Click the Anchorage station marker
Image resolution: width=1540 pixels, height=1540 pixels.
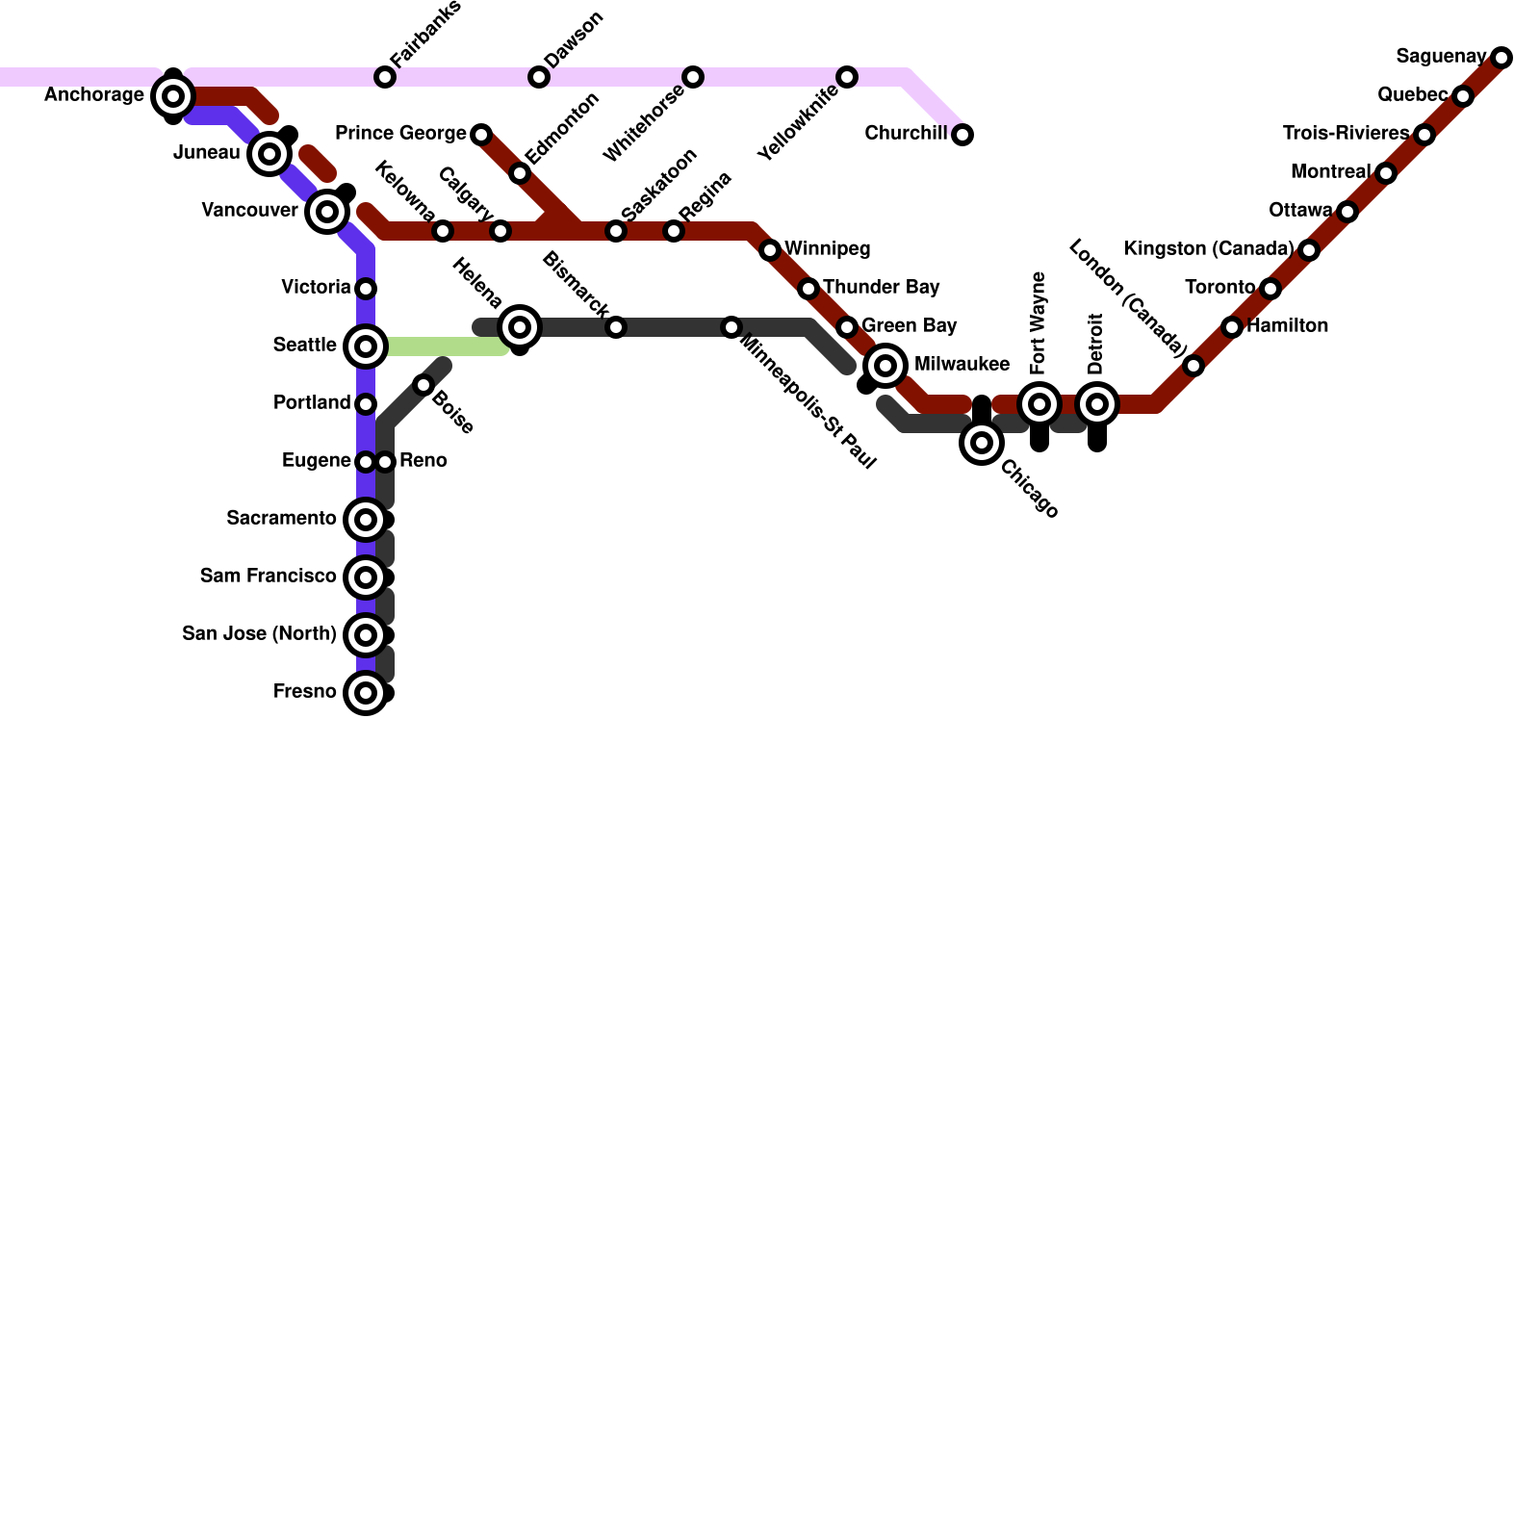click(x=173, y=96)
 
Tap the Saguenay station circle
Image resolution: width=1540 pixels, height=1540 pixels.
click(x=1501, y=58)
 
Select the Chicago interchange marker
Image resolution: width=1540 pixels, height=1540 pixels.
click(x=982, y=443)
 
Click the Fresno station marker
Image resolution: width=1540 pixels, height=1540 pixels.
click(x=366, y=693)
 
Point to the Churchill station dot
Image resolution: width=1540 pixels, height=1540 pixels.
click(x=962, y=135)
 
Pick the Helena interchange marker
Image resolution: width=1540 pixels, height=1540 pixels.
click(x=520, y=327)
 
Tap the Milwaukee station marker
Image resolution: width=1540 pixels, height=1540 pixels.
click(x=885, y=366)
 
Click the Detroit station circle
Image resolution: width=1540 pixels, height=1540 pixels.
click(x=1097, y=404)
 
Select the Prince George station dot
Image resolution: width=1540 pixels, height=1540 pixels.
click(x=481, y=135)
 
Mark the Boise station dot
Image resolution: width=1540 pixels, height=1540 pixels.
click(x=423, y=385)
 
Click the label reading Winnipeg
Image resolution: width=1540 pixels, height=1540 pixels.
click(x=827, y=249)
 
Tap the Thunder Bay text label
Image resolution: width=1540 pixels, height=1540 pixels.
click(x=881, y=288)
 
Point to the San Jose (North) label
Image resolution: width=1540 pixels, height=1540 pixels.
click(x=259, y=634)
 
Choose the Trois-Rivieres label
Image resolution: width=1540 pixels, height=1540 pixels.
click(x=1345, y=134)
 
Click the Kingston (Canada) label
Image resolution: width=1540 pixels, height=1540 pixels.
click(x=1208, y=249)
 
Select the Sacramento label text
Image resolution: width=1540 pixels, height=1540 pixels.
click(x=281, y=519)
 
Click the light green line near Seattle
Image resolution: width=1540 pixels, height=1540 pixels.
click(x=443, y=346)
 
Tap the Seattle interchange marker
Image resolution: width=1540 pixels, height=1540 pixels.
click(x=366, y=346)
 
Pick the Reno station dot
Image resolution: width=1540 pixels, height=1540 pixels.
click(x=385, y=462)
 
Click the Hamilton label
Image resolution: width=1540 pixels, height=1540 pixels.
click(x=1287, y=326)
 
